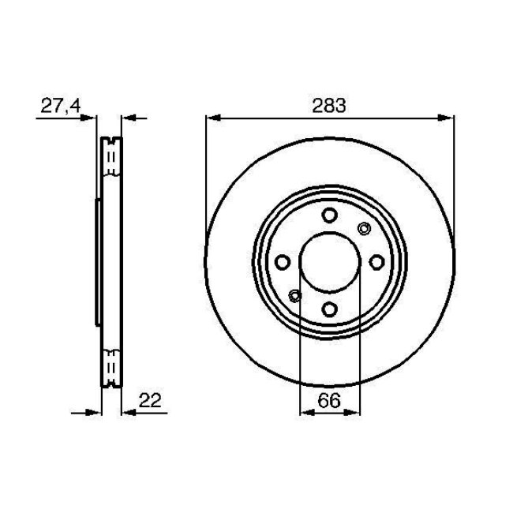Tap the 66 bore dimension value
pos(330,400)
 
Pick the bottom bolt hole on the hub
pos(330,309)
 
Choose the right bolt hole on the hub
pos(376,263)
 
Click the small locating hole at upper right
pos(364,229)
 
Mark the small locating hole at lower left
pos(295,296)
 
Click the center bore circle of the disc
pos(330,263)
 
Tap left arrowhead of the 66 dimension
pos(305,411)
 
